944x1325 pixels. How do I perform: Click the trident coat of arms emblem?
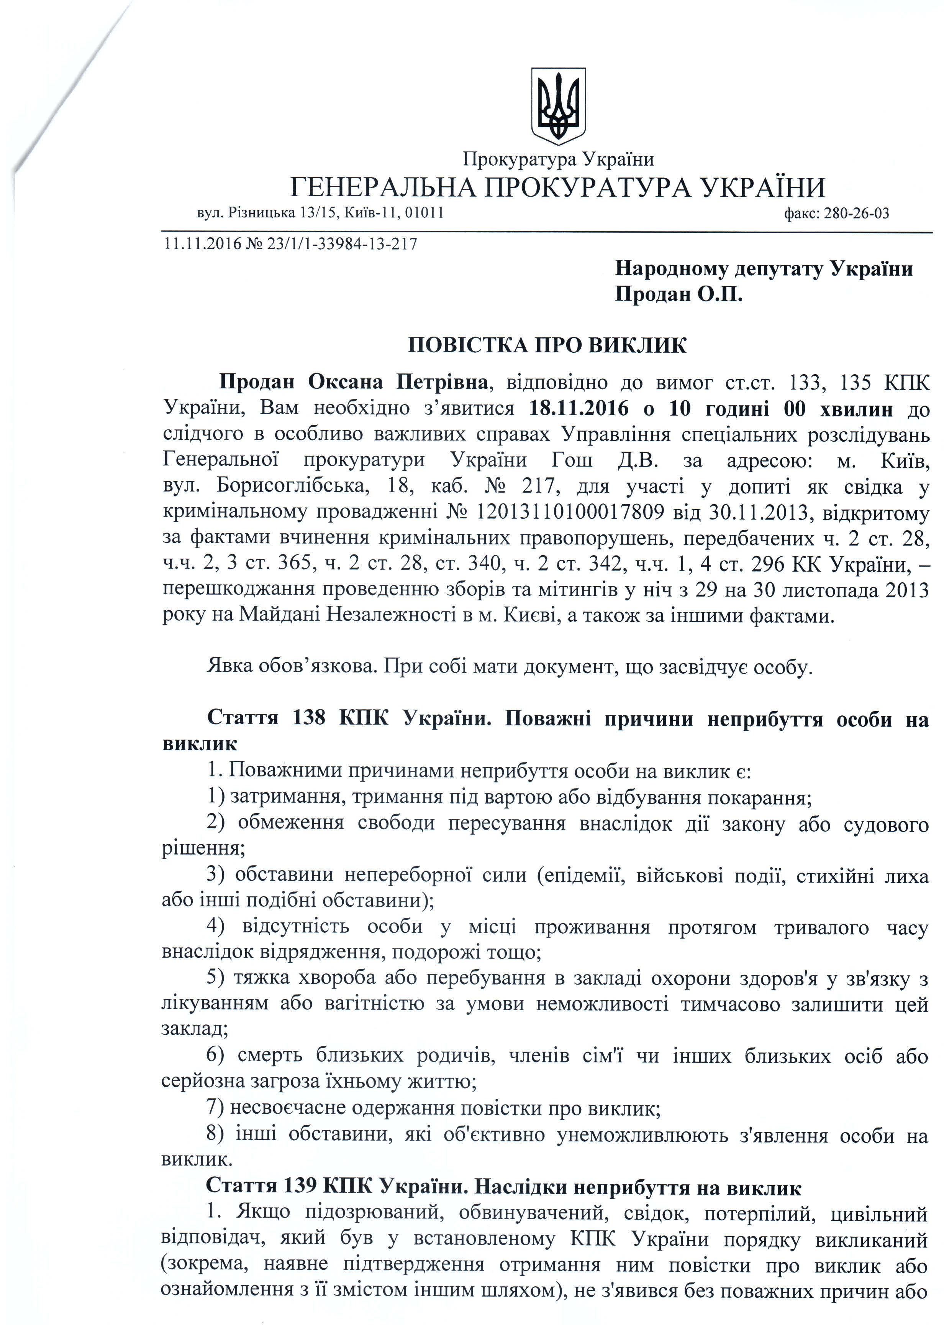pyautogui.click(x=558, y=105)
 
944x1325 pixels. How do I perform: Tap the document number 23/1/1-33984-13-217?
pyautogui.click(x=342, y=244)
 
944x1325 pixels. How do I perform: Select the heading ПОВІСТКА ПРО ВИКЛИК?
pyautogui.click(x=547, y=345)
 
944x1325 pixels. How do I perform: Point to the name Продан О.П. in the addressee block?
pyautogui.click(x=679, y=295)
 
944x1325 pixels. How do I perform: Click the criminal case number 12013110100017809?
pyautogui.click(x=570, y=511)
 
